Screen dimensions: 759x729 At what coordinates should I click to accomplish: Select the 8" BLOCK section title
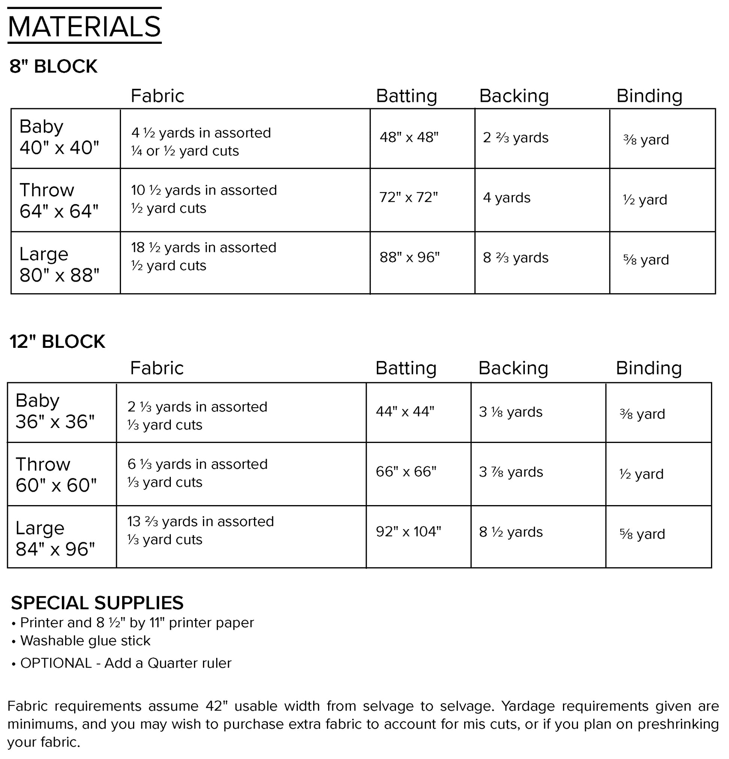click(53, 66)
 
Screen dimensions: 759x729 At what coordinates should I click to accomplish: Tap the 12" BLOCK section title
click(57, 341)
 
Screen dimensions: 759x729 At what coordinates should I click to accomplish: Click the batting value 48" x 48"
click(409, 137)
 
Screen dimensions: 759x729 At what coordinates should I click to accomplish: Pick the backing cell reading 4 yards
click(506, 197)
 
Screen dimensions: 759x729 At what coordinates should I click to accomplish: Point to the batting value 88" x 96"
click(409, 257)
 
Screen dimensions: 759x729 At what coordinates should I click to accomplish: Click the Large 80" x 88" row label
click(59, 264)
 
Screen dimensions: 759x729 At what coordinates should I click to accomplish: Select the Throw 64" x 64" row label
click(59, 201)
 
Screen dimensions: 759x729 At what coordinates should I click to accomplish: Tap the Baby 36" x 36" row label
click(55, 411)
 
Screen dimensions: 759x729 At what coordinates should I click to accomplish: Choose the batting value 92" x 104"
click(408, 531)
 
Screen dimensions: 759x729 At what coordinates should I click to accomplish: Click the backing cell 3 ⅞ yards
click(511, 472)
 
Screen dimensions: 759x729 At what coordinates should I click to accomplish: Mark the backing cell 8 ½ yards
click(511, 532)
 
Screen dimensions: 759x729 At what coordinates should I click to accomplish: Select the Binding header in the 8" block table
click(649, 95)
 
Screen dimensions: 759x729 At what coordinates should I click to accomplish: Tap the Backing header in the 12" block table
click(513, 368)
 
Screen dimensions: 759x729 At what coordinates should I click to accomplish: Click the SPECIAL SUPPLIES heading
click(97, 602)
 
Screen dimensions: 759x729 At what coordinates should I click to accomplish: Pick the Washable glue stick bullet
click(85, 641)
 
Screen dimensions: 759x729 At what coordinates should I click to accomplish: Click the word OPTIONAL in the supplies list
click(56, 663)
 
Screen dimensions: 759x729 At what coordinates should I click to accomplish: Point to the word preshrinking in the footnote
click(678, 724)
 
